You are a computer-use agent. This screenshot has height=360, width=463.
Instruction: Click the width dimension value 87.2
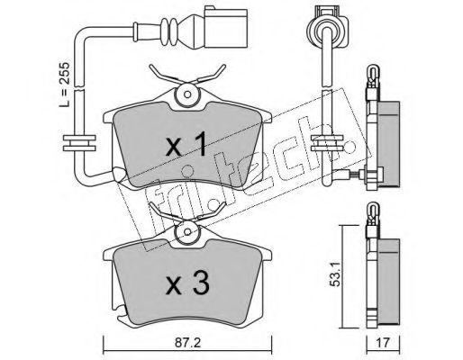click(x=187, y=342)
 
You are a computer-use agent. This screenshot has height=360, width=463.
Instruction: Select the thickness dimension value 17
click(x=383, y=342)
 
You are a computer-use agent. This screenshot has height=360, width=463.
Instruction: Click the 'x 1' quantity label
click(x=186, y=145)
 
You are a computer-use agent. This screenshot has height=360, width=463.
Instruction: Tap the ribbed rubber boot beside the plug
click(x=168, y=31)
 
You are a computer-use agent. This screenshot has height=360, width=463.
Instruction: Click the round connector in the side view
click(x=328, y=29)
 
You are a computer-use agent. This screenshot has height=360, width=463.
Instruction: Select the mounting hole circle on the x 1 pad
click(x=187, y=94)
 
